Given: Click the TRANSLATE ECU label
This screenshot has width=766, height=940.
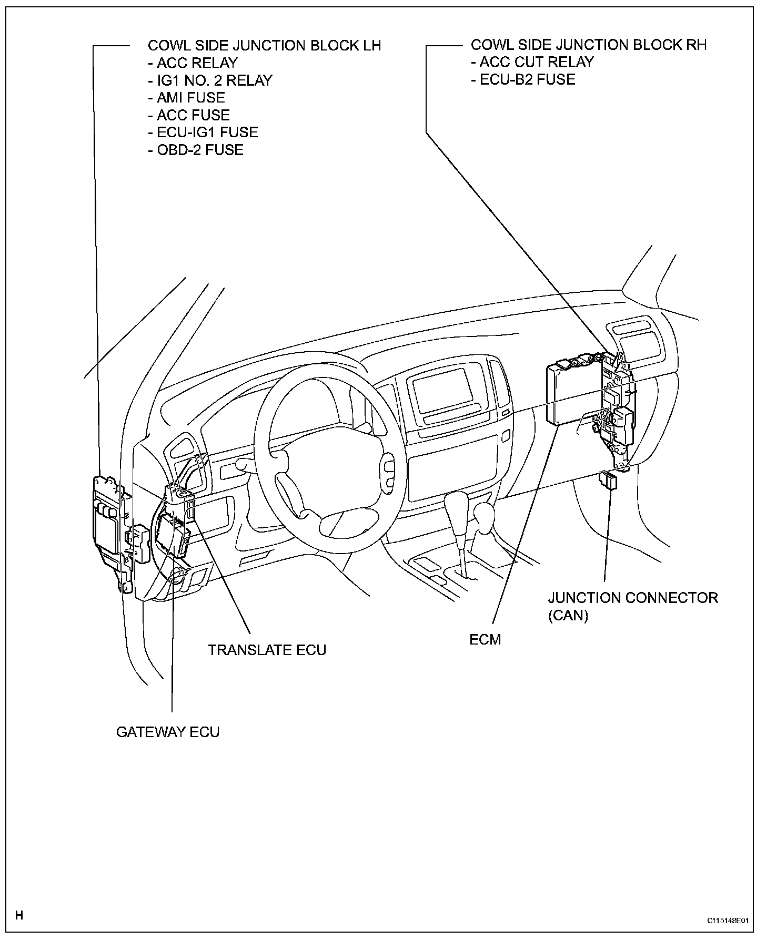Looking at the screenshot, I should (267, 650).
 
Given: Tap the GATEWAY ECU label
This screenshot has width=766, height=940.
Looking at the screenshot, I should (167, 732).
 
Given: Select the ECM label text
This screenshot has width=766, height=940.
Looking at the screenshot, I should (485, 639).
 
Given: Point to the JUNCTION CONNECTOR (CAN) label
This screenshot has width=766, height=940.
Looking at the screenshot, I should (632, 606).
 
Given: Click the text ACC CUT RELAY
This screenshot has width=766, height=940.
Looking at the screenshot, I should (536, 62).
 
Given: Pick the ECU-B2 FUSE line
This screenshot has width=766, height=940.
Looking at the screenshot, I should (527, 79).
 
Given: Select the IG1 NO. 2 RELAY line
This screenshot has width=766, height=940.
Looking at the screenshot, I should (214, 80).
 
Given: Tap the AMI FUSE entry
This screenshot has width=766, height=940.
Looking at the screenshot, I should (190, 98).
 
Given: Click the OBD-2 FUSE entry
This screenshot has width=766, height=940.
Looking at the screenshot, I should (200, 150).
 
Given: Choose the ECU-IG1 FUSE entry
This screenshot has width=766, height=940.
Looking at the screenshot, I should (207, 132).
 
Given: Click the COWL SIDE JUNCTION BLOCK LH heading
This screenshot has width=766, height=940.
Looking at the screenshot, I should (264, 45).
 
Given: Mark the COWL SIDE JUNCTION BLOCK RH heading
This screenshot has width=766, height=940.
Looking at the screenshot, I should (588, 45).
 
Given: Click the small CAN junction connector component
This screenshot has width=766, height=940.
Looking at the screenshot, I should (609, 481).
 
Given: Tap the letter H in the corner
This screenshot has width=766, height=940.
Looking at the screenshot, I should (19, 915).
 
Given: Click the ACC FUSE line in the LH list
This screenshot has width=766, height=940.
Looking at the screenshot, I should (193, 115).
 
